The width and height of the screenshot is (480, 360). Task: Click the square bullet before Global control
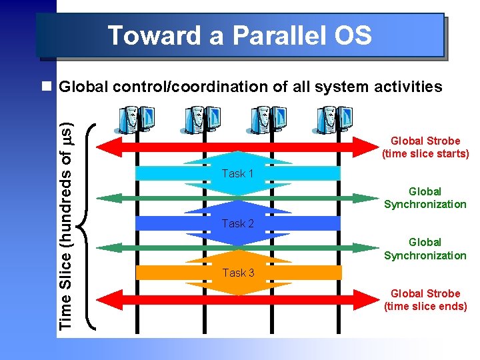coord(46,87)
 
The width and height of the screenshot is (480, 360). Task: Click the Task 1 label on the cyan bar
coord(238,173)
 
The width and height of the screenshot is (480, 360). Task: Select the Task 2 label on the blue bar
coord(238,223)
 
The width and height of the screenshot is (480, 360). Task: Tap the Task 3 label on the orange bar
coord(238,273)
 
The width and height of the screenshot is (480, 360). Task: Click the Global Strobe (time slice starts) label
coord(425,147)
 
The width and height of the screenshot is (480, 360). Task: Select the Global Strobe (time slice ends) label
coord(425,300)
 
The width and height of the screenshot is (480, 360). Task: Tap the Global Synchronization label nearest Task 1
coord(425,198)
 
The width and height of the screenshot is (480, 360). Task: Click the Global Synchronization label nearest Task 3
coord(425,249)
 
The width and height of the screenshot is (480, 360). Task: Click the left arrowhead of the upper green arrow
coord(107,198)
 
